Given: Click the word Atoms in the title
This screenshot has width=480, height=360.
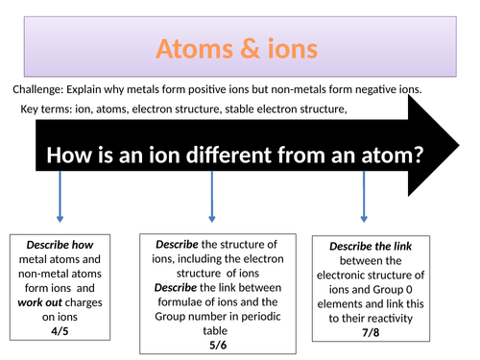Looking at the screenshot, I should point(190,47).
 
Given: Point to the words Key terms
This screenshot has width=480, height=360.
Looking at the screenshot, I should point(44,109).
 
